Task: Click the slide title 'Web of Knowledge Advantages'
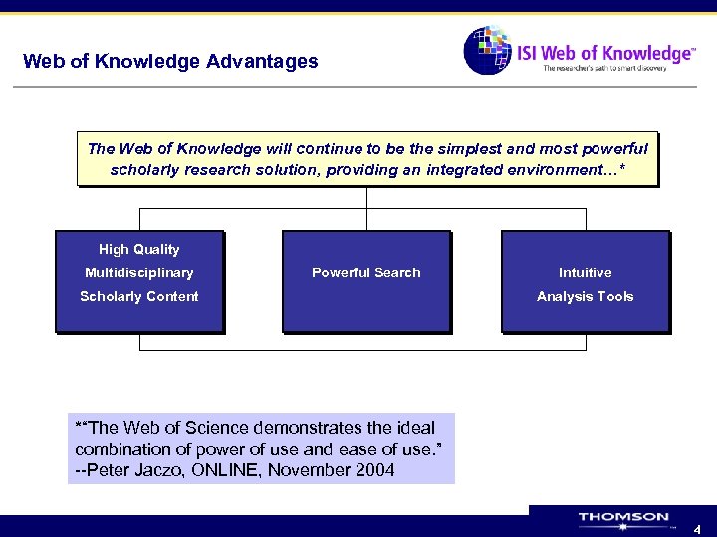(170, 61)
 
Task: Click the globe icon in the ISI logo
(487, 50)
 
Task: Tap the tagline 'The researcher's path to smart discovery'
(616, 68)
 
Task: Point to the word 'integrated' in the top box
(467, 170)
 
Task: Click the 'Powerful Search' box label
(365, 272)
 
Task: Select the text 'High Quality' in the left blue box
(139, 249)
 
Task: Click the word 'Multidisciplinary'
(139, 272)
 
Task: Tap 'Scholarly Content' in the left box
(139, 296)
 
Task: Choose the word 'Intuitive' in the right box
(585, 272)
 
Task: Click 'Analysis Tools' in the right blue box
(585, 296)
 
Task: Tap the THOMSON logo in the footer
(623, 519)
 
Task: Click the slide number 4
(697, 530)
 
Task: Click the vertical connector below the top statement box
(366, 198)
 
